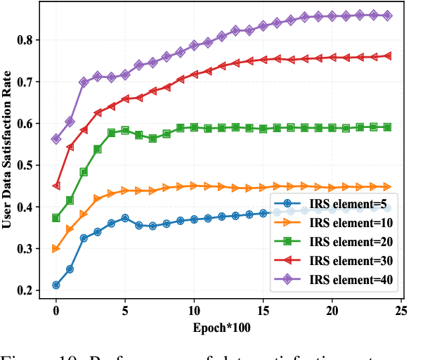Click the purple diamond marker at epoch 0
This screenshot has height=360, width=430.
coord(56,139)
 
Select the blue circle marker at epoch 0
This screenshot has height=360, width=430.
coord(56,285)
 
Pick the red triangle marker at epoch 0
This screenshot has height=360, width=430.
coord(56,186)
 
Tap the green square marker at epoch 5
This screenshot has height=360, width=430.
coord(125,130)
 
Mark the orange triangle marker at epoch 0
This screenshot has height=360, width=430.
coord(56,249)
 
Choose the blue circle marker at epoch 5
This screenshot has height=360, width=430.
coord(125,218)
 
